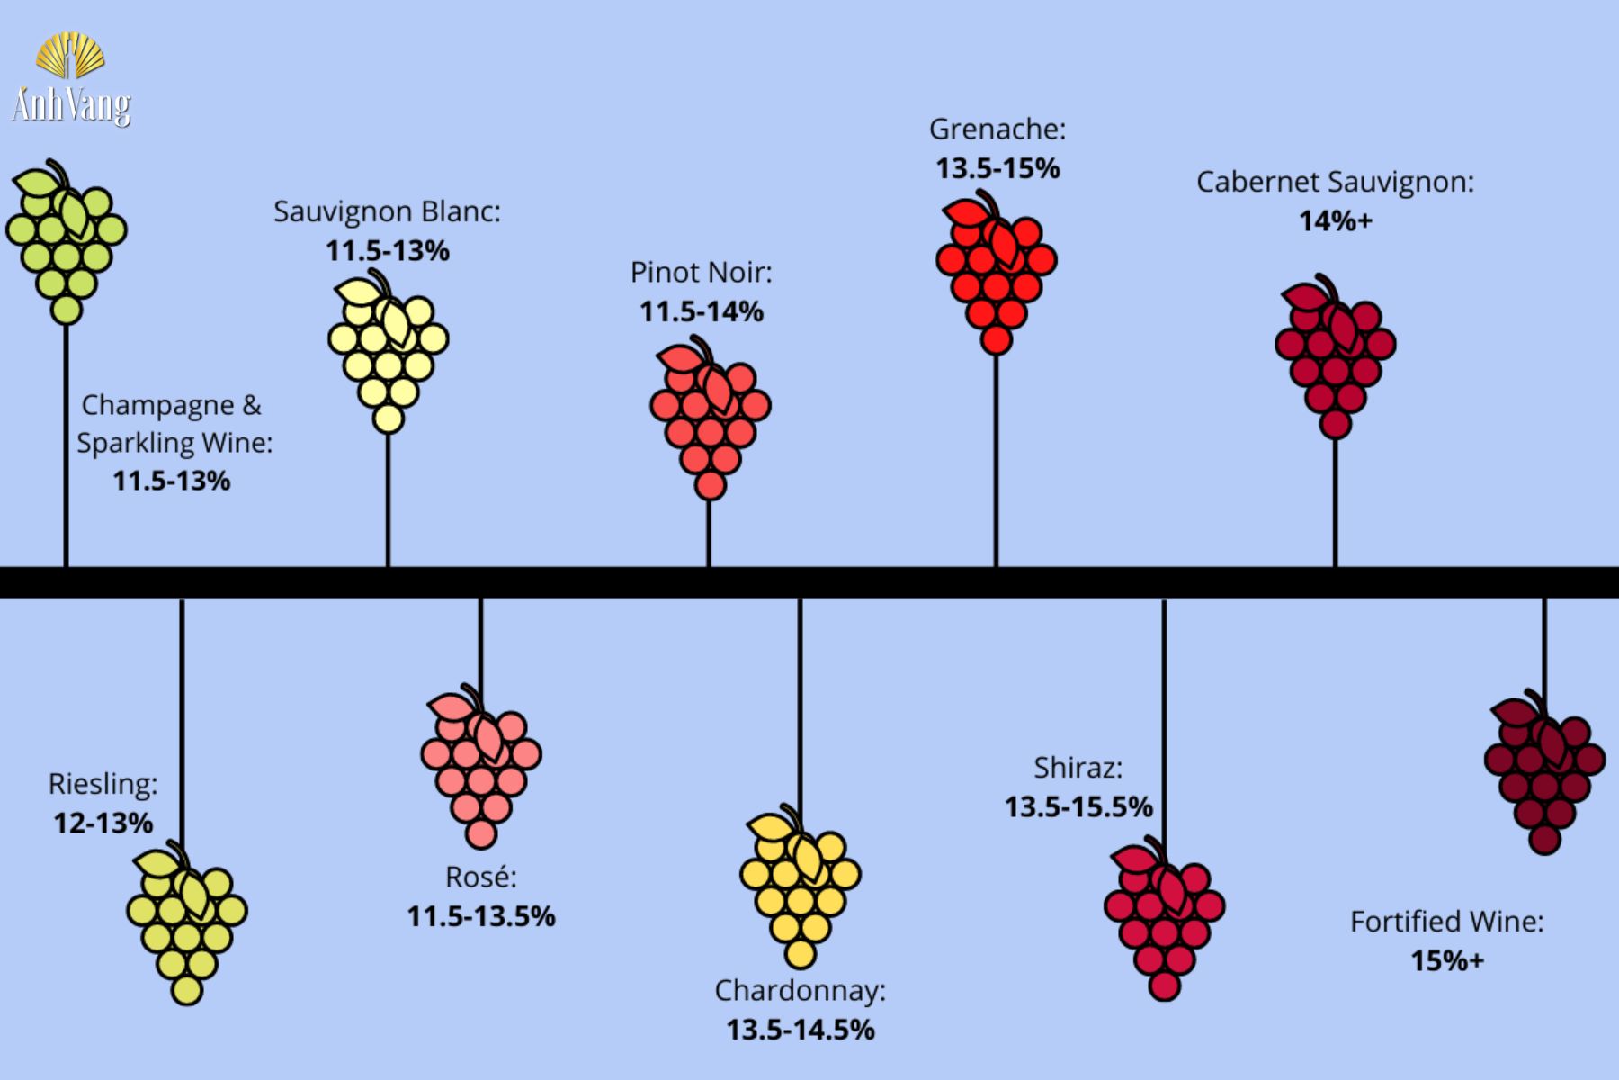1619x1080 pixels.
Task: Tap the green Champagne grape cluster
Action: [x=66, y=243]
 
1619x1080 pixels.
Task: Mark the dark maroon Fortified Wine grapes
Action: [x=1543, y=773]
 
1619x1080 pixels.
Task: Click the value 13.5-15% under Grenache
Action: [x=997, y=168]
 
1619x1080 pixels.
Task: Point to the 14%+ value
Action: [x=1336, y=220]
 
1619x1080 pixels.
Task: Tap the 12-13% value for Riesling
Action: [x=103, y=823]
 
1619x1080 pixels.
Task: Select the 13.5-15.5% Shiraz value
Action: [x=1078, y=806]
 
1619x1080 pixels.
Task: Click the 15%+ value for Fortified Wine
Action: [x=1446, y=960]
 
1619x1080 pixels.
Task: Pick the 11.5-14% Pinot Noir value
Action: [x=702, y=311]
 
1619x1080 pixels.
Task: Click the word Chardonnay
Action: [x=800, y=990]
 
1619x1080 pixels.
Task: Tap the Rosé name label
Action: [x=481, y=877]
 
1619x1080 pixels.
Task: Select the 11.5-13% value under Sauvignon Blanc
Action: [x=388, y=250]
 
